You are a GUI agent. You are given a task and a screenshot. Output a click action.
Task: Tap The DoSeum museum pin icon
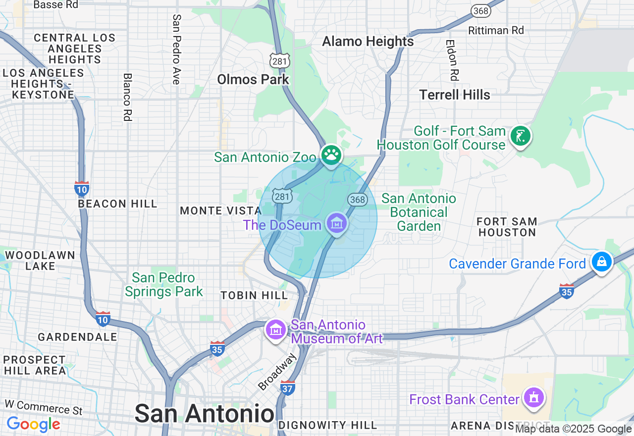point(337,223)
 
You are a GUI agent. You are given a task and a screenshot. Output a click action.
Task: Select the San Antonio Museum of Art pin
point(276,329)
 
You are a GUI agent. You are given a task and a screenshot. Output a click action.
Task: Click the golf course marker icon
point(520,136)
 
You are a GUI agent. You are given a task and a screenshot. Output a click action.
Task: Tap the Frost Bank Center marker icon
point(533,397)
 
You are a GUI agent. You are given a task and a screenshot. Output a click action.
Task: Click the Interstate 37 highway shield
point(288,386)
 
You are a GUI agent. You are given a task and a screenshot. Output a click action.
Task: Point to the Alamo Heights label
point(368,41)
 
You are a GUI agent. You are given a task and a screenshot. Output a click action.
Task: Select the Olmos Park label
point(253,79)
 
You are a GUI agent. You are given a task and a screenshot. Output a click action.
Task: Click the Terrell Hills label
point(455,95)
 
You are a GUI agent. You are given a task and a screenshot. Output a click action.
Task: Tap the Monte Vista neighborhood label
point(221,211)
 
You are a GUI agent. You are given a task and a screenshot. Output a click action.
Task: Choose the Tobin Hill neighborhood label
point(254,295)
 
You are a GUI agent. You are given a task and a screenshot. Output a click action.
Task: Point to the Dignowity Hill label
point(327,425)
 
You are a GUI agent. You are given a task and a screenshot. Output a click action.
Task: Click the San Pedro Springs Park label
point(163,284)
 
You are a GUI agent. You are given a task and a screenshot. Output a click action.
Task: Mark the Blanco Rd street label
point(127,97)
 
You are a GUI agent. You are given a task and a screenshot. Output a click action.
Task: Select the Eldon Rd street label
point(452,60)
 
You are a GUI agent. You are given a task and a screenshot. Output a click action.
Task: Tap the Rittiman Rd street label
point(496,30)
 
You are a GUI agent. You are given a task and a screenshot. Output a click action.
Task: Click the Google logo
point(33,424)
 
